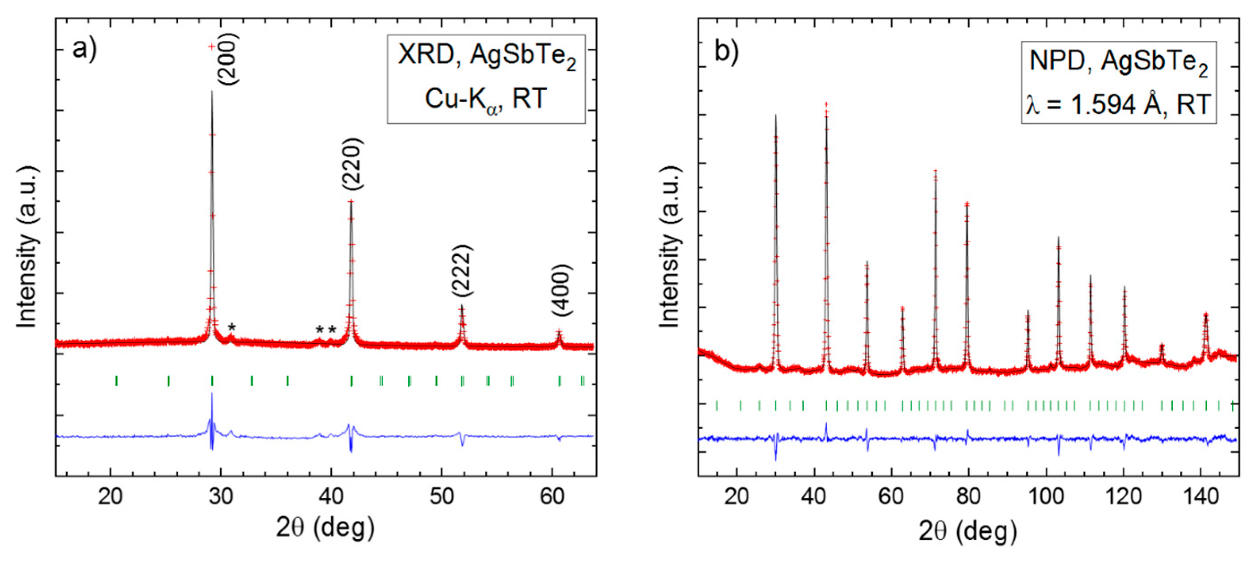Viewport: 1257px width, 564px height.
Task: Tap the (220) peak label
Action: pos(352,164)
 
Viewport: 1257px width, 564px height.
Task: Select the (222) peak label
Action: pos(462,270)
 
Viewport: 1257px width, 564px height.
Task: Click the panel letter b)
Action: pos(726,51)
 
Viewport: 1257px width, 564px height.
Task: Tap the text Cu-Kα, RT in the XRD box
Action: pos(486,99)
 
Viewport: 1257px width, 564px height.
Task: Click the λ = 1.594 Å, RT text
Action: pos(1118,104)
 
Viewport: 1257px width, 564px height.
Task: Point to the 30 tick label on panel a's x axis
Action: pos(221,497)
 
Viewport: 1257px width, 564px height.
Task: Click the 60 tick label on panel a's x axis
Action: pos(552,497)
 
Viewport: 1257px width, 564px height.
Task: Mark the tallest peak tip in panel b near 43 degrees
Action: pos(826,104)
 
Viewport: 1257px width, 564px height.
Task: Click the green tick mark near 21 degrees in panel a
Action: pos(116,380)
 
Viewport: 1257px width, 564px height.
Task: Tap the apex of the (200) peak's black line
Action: pos(212,91)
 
